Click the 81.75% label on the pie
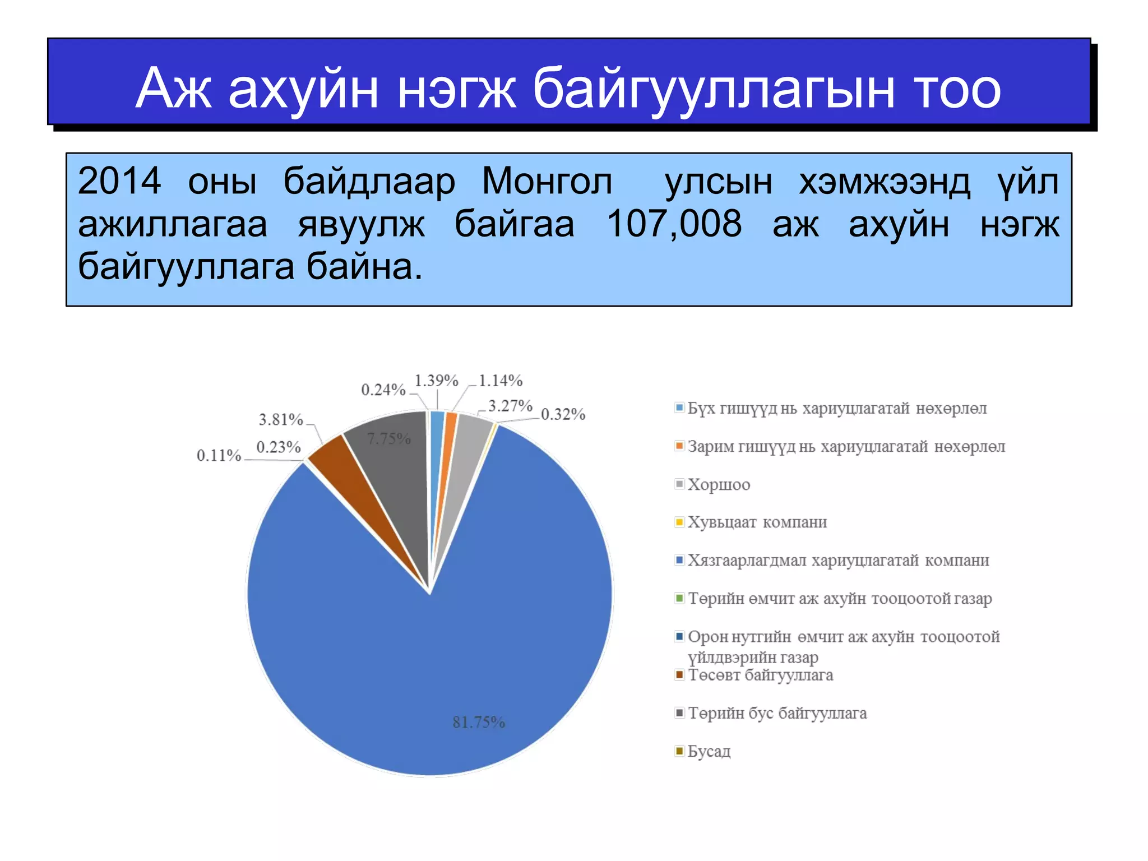(x=479, y=722)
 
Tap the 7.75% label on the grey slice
(x=388, y=438)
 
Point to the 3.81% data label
(x=280, y=419)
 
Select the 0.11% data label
(x=219, y=455)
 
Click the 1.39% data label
(x=436, y=381)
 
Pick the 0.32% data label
(x=563, y=414)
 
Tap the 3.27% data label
(x=510, y=405)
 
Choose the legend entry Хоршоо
(x=718, y=485)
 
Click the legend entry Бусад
(x=709, y=751)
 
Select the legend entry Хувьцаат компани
(x=757, y=522)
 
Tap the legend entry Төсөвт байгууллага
(x=760, y=675)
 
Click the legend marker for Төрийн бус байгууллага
(x=679, y=713)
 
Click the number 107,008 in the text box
(x=674, y=224)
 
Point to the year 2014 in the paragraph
(x=119, y=181)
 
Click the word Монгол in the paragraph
(x=547, y=181)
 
